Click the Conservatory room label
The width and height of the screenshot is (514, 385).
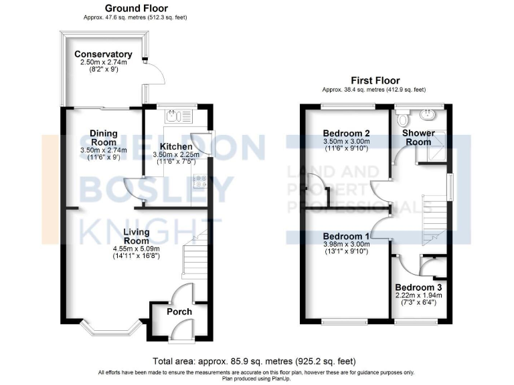[x=103, y=54]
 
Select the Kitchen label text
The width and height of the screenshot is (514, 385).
[x=175, y=146]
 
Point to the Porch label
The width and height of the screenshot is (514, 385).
[x=179, y=311]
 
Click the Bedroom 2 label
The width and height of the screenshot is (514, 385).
[x=347, y=133]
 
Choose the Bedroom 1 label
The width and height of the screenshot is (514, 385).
[x=346, y=237]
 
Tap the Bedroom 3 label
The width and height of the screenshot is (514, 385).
[x=418, y=287]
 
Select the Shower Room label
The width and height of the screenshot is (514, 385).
[x=418, y=137]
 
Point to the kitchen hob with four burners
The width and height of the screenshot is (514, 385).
[x=199, y=181]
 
